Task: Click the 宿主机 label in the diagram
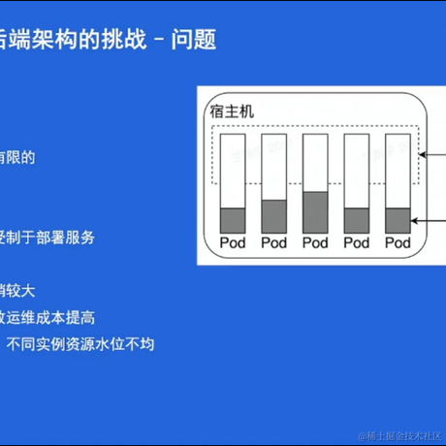tap(232, 111)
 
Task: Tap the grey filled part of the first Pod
tap(234, 220)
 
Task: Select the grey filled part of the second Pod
tap(275, 215)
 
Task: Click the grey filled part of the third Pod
tap(316, 212)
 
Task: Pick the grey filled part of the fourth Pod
tap(358, 220)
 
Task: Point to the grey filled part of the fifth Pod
tap(398, 220)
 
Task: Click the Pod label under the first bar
tap(234, 242)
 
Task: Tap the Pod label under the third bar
tap(316, 242)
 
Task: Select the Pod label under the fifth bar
tap(398, 242)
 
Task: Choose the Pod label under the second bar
tap(275, 242)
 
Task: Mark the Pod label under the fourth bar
tap(358, 242)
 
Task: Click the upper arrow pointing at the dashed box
tap(431, 153)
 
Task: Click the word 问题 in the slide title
tap(193, 40)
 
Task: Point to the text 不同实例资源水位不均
tap(80, 343)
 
